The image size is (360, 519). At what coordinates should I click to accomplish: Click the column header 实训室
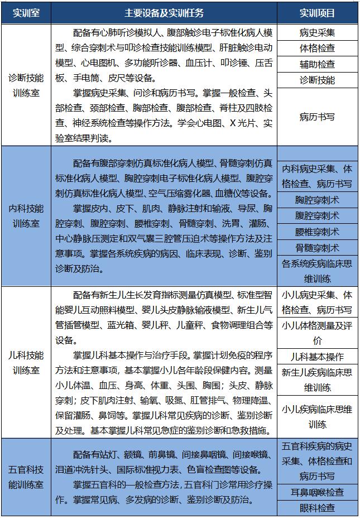[26, 12]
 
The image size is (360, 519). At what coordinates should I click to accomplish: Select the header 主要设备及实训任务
[164, 12]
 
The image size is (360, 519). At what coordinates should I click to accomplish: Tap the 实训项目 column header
[317, 12]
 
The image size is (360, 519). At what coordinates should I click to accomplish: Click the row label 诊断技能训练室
[26, 85]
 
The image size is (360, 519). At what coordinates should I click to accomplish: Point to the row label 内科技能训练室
[26, 217]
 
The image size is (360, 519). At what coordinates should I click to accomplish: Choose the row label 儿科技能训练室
[26, 363]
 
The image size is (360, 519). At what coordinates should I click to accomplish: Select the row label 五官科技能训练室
[26, 477]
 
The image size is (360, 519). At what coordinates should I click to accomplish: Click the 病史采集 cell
[317, 32]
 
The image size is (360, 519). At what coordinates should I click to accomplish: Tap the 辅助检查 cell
[317, 64]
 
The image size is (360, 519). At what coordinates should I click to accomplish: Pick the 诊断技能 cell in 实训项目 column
[317, 80]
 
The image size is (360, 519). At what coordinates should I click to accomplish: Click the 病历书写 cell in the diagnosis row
[317, 117]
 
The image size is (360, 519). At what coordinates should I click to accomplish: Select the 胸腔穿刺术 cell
[317, 200]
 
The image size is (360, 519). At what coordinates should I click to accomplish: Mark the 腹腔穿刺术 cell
[317, 215]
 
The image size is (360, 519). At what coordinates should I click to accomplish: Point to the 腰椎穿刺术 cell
[317, 232]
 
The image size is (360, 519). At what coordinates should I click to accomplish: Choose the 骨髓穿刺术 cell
[317, 248]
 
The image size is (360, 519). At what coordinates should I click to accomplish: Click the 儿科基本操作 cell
[317, 357]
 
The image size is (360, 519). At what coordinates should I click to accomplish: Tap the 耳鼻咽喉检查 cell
[317, 492]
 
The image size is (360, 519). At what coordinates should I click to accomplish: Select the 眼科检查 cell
[317, 508]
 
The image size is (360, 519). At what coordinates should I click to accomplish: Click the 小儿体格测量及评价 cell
[317, 333]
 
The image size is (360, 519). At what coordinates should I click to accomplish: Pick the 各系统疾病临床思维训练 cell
[317, 271]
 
